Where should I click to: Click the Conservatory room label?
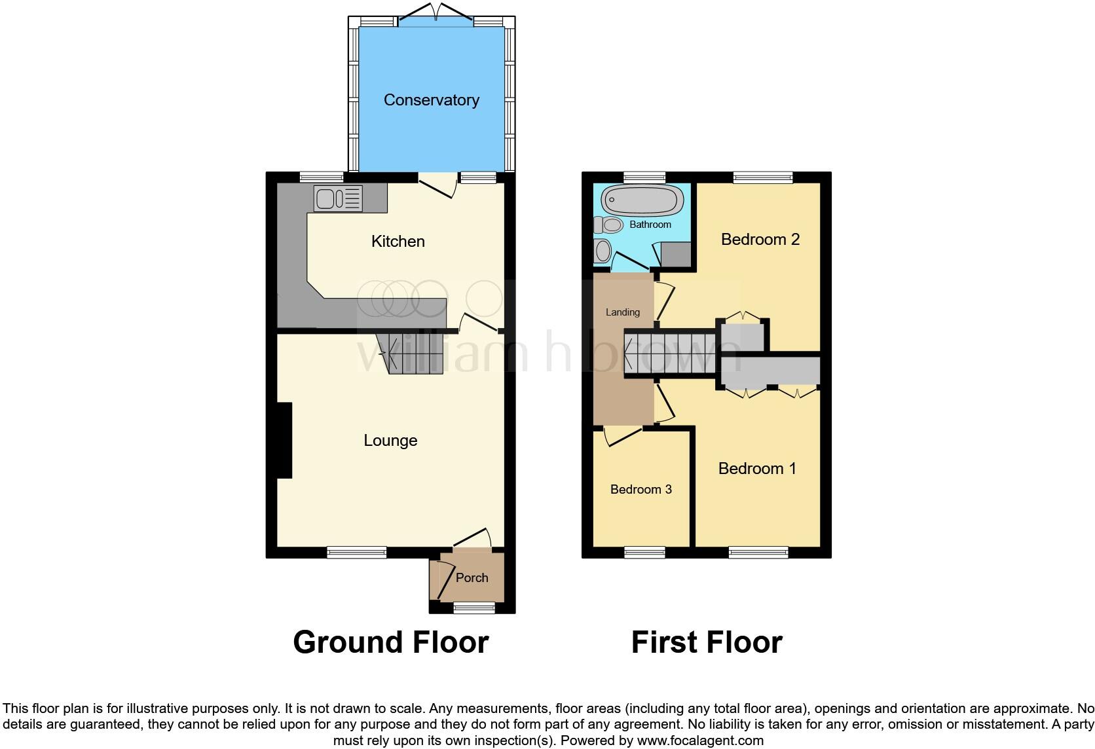tap(431, 100)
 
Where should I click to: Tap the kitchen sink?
tap(338, 198)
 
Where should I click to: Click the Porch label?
tap(472, 577)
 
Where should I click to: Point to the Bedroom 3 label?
tap(640, 489)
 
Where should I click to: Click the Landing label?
tap(622, 312)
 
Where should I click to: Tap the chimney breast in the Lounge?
tap(284, 440)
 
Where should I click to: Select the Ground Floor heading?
tap(390, 642)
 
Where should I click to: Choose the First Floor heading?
tap(707, 642)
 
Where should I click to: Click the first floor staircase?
tap(668, 354)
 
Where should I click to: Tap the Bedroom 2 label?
tap(760, 240)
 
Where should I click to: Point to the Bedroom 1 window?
tap(758, 553)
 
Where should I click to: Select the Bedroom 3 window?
tap(644, 553)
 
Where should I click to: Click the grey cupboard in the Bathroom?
tap(675, 255)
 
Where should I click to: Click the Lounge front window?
tap(357, 553)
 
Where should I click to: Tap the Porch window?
tap(474, 608)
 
